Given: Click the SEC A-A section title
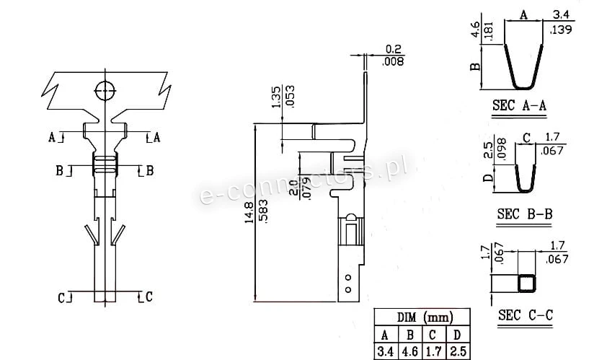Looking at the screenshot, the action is [x=519, y=105].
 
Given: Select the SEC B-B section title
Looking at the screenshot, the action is [x=525, y=214].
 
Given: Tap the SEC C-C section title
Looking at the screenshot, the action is [x=526, y=315].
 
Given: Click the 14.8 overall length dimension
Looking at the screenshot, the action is [x=249, y=212].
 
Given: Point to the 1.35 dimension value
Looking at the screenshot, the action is [x=276, y=97].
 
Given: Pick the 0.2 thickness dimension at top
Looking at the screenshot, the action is [x=394, y=49].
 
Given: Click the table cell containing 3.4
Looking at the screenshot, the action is [x=385, y=351].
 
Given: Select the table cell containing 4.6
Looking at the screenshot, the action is [x=410, y=351].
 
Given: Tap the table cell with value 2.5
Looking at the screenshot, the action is [x=458, y=351].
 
